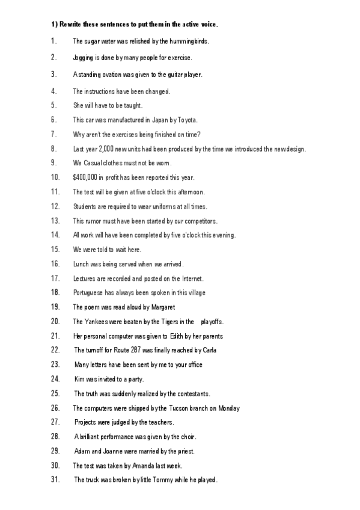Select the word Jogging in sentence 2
(x=83, y=58)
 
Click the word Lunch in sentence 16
(x=81, y=264)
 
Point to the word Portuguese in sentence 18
(x=88, y=293)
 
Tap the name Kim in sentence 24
(x=79, y=379)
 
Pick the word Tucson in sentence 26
(x=170, y=408)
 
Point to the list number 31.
(x=55, y=481)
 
